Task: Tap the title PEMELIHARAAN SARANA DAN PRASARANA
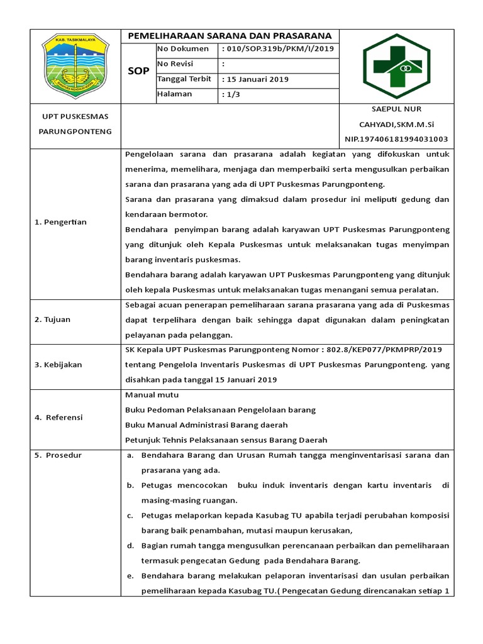[230, 36]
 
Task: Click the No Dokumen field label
[182, 49]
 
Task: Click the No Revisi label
[175, 64]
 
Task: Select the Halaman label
[175, 94]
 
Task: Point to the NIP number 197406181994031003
[396, 139]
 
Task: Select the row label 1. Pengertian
[60, 222]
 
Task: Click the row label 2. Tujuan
[53, 319]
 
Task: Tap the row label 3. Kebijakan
[58, 364]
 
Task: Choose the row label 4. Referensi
[58, 417]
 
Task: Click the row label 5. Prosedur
[58, 455]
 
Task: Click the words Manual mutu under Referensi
[152, 394]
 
